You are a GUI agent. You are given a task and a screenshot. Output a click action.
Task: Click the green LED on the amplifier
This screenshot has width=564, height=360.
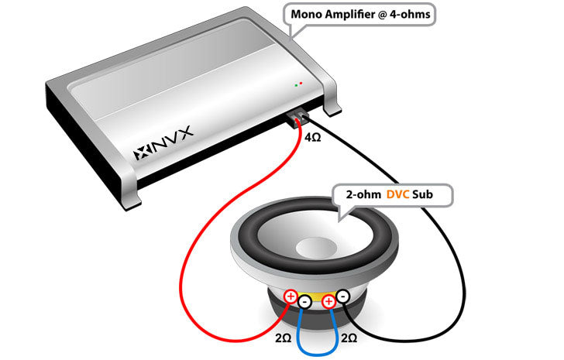pyautogui.click(x=295, y=84)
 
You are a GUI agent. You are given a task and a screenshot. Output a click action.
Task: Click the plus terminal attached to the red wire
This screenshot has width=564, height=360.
pyautogui.click(x=291, y=295)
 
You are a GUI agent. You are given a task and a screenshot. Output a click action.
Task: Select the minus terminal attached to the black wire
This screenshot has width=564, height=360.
pyautogui.click(x=342, y=295)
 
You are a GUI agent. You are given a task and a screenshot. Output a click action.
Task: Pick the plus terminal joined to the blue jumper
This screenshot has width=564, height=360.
pyautogui.click(x=328, y=300)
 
